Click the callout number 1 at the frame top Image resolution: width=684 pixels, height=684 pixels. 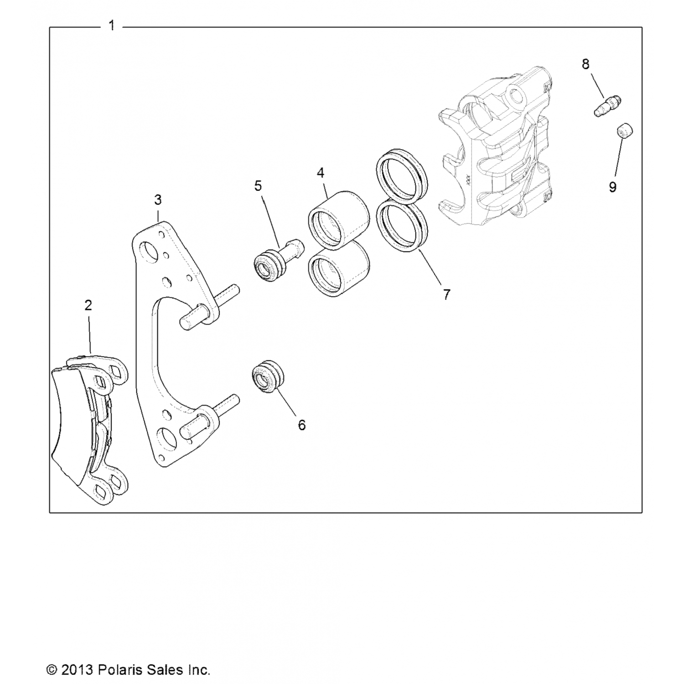click(x=112, y=26)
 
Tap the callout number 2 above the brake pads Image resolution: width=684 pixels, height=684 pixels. click(x=88, y=305)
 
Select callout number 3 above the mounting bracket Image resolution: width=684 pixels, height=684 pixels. click(x=157, y=200)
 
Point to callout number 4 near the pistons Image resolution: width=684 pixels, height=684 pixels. click(x=321, y=173)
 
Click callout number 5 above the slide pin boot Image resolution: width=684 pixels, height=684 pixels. click(x=258, y=186)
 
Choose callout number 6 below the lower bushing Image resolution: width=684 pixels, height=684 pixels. click(x=301, y=425)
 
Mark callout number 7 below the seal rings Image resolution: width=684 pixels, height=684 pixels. click(x=446, y=295)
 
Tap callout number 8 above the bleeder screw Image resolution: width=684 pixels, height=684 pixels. click(x=586, y=64)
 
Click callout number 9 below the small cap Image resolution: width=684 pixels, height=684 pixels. click(x=612, y=187)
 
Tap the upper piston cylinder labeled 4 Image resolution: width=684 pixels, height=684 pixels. click(x=338, y=220)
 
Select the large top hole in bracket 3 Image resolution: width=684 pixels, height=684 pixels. click(x=149, y=251)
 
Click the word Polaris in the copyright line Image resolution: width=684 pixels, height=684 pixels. click(x=120, y=670)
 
